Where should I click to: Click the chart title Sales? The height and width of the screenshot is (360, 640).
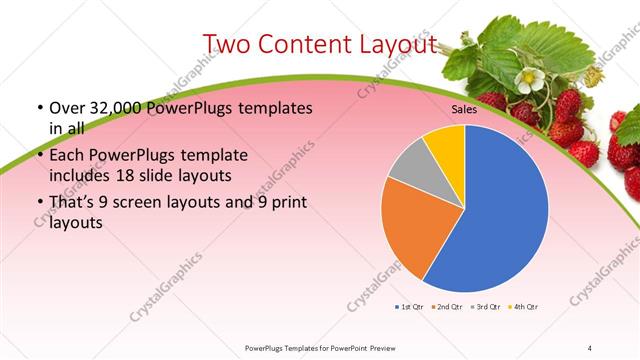coord(464,110)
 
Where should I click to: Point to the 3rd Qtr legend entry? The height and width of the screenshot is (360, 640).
coord(485,306)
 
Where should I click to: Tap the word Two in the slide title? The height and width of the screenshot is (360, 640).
coord(230,44)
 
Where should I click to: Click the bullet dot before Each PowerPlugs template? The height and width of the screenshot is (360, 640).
coord(39,156)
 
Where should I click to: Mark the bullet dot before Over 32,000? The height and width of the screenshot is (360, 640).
coord(39,107)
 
